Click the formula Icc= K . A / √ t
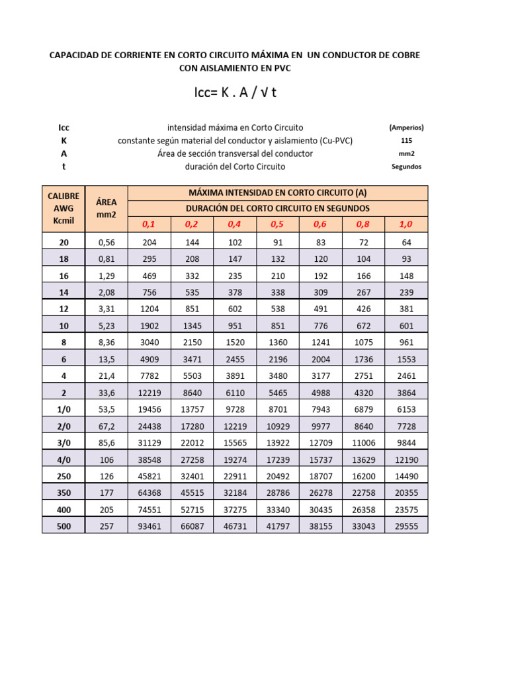tap(235, 93)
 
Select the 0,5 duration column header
tap(277, 225)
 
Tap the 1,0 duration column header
tap(406, 225)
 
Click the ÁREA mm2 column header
tap(106, 208)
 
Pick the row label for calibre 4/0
tap(63, 460)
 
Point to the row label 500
tap(63, 526)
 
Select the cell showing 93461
tap(149, 526)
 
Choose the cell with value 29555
tap(406, 526)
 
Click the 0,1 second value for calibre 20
tap(149, 243)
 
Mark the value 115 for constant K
tap(406, 140)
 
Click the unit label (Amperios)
tap(406, 127)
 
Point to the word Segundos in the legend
tap(406, 167)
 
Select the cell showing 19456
tap(149, 411)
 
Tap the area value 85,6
tap(106, 444)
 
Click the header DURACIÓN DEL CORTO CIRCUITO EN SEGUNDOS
tap(277, 208)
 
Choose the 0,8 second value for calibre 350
tap(363, 493)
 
